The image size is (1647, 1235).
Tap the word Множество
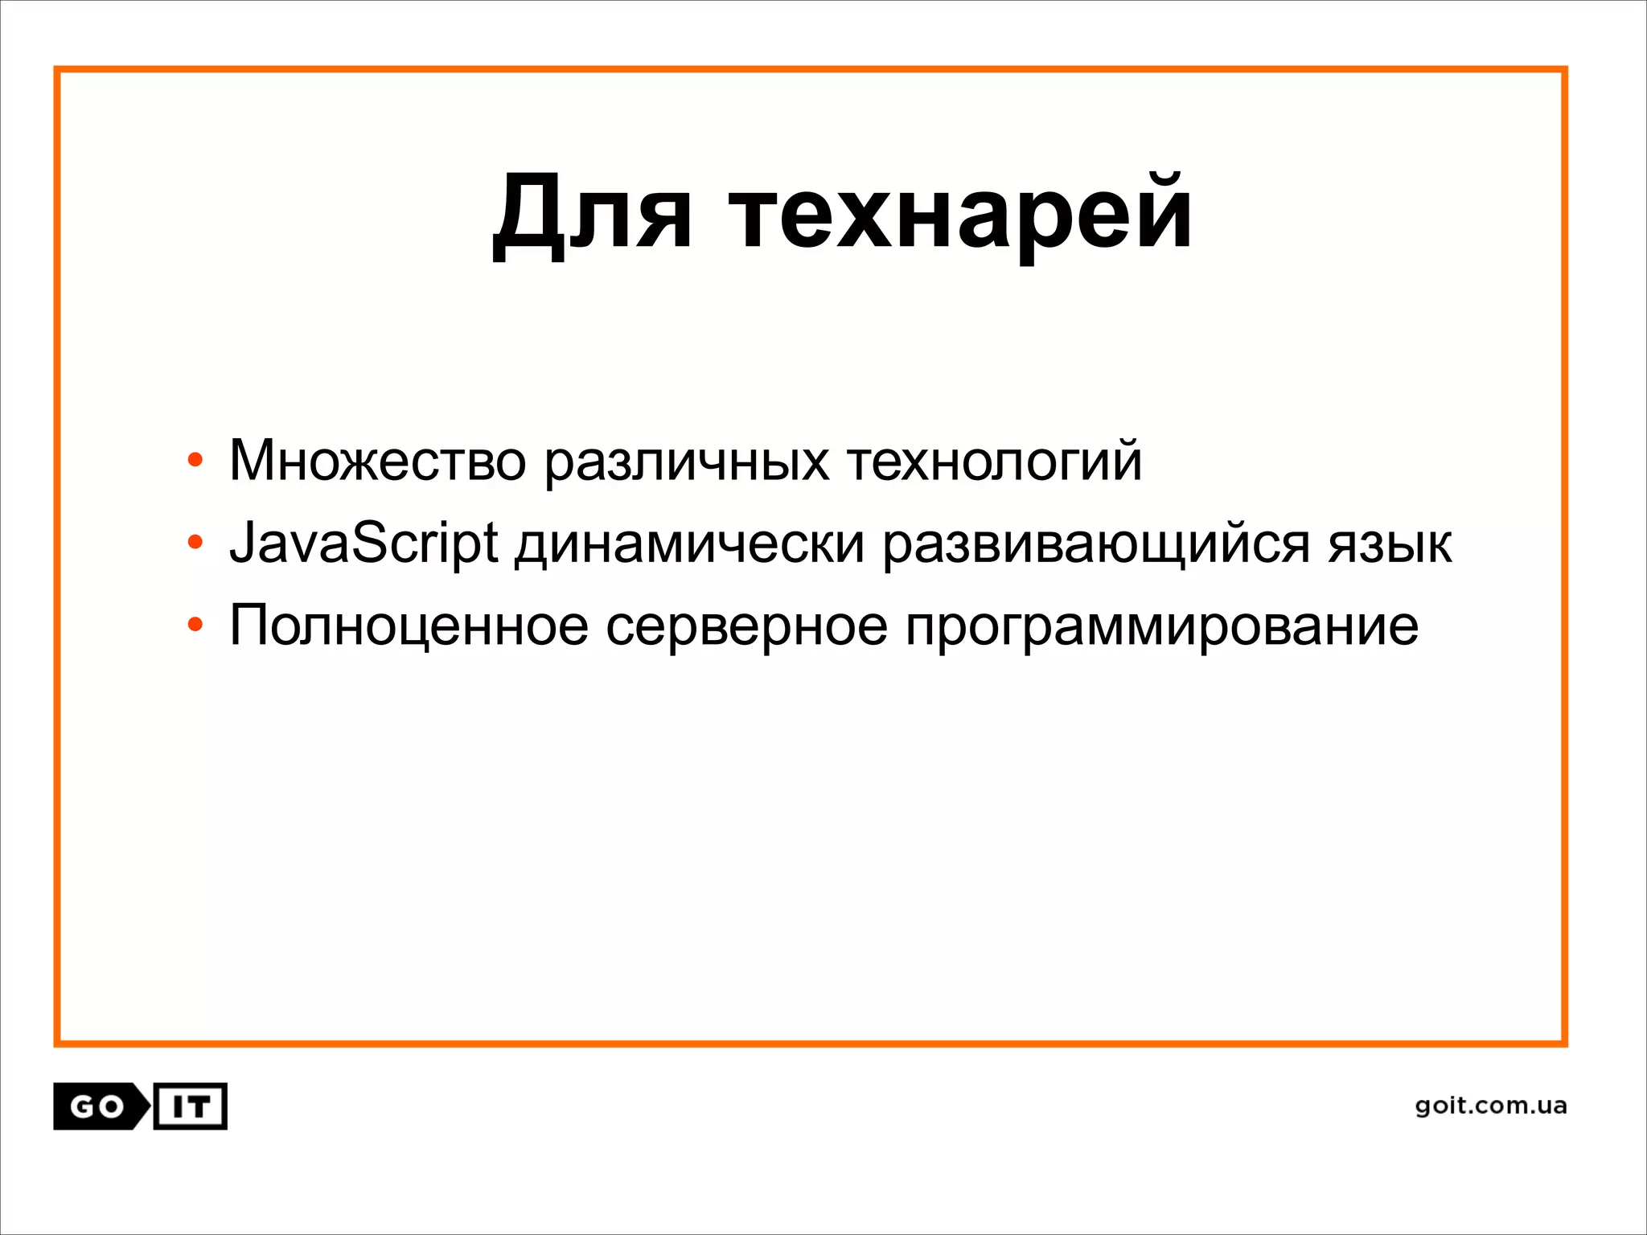tap(377, 462)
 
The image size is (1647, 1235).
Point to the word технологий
tap(994, 462)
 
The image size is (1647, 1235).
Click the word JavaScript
tap(363, 544)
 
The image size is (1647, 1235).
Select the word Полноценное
tap(409, 626)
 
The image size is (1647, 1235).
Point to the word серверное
tap(747, 626)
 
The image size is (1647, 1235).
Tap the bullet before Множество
tap(195, 461)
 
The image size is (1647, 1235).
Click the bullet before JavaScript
tap(195, 543)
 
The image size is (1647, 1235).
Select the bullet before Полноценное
tap(195, 625)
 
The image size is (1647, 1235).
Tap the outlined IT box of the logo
tap(191, 1107)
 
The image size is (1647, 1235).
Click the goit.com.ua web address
tap(1490, 1106)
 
